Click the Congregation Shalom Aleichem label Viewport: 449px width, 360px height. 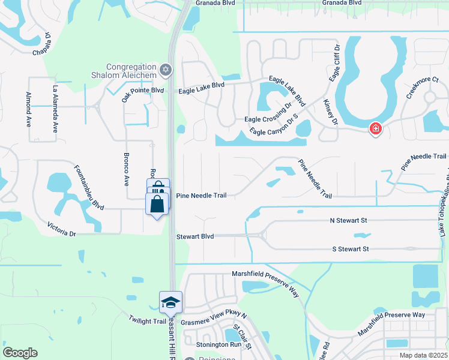[x=131, y=70]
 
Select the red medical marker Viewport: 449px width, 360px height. [x=376, y=128]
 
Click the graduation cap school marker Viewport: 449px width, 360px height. [x=170, y=302]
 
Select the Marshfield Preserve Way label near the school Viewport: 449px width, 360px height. [x=265, y=281]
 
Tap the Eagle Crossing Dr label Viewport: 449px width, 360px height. [x=268, y=119]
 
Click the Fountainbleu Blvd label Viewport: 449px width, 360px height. [x=89, y=188]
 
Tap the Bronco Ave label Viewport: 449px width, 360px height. [x=126, y=172]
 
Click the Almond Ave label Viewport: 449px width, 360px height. [x=28, y=109]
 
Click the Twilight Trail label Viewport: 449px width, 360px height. [x=147, y=321]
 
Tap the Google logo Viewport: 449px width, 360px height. [x=20, y=353]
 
